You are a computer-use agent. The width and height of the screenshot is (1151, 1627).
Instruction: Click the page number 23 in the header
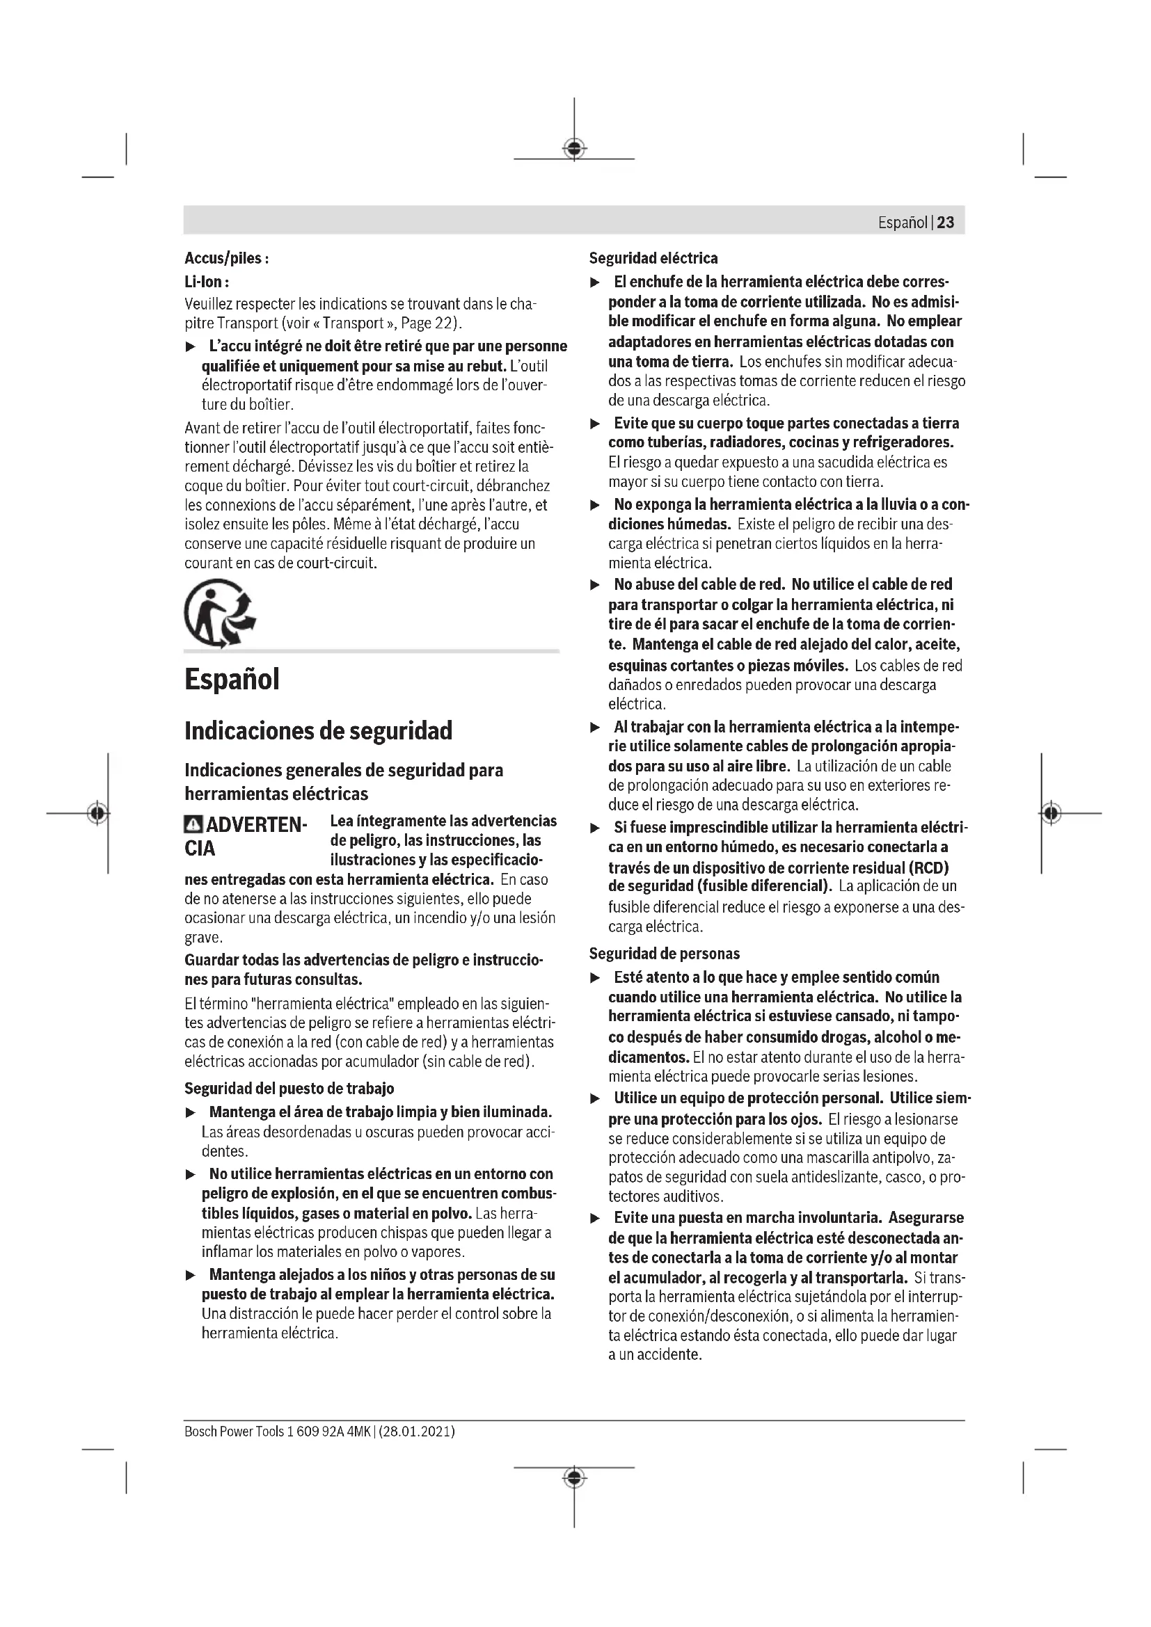[946, 223]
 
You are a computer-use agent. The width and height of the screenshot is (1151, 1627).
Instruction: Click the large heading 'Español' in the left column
[232, 679]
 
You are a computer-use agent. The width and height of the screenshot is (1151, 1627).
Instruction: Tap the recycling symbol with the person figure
[219, 614]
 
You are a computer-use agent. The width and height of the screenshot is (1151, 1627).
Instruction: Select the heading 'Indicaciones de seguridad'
[318, 730]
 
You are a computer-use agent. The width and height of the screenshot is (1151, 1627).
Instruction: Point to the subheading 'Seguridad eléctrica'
[653, 258]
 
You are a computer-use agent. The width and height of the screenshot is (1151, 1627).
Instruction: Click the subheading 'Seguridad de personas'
[664, 954]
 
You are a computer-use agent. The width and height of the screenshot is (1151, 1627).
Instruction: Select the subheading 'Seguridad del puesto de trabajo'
[289, 1089]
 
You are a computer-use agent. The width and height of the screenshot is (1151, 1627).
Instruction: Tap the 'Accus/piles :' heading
[226, 258]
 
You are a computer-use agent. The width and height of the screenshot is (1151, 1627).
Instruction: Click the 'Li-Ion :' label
[206, 281]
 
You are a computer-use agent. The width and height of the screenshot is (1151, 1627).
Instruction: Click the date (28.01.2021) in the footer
[417, 1432]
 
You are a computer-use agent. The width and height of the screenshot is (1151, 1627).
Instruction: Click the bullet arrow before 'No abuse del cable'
[596, 585]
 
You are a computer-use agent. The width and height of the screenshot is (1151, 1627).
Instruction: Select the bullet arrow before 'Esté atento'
[596, 978]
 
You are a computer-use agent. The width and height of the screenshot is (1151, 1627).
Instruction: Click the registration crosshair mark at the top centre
[574, 148]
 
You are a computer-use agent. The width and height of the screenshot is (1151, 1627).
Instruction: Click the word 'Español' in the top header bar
[903, 223]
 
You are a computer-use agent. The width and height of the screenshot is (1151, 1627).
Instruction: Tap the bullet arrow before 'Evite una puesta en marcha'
[596, 1219]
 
